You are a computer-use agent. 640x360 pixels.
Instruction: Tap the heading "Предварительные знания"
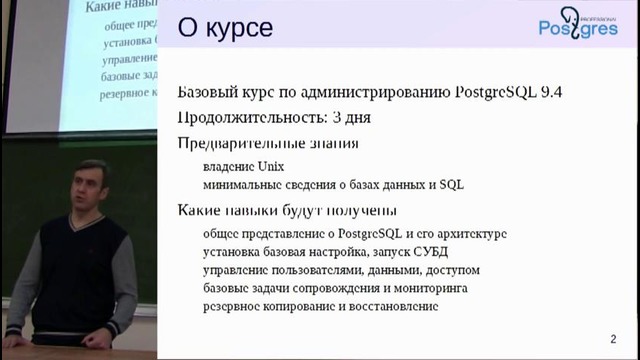(268, 143)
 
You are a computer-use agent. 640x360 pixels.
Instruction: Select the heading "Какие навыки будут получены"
(287, 210)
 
